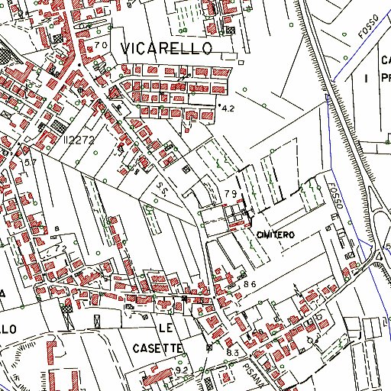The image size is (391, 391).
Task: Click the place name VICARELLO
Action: (176, 47)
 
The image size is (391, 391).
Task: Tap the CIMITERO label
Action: (276, 234)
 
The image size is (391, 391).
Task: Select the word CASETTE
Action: (159, 347)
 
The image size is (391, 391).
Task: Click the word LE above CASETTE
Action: (166, 327)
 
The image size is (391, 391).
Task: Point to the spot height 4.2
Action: (227, 109)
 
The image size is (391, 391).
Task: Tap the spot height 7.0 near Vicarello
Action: (102, 46)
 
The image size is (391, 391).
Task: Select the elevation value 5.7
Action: (30, 163)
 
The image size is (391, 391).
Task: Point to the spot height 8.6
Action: (248, 284)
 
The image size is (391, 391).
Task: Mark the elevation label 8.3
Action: (232, 353)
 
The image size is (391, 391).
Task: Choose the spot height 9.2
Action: (182, 370)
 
